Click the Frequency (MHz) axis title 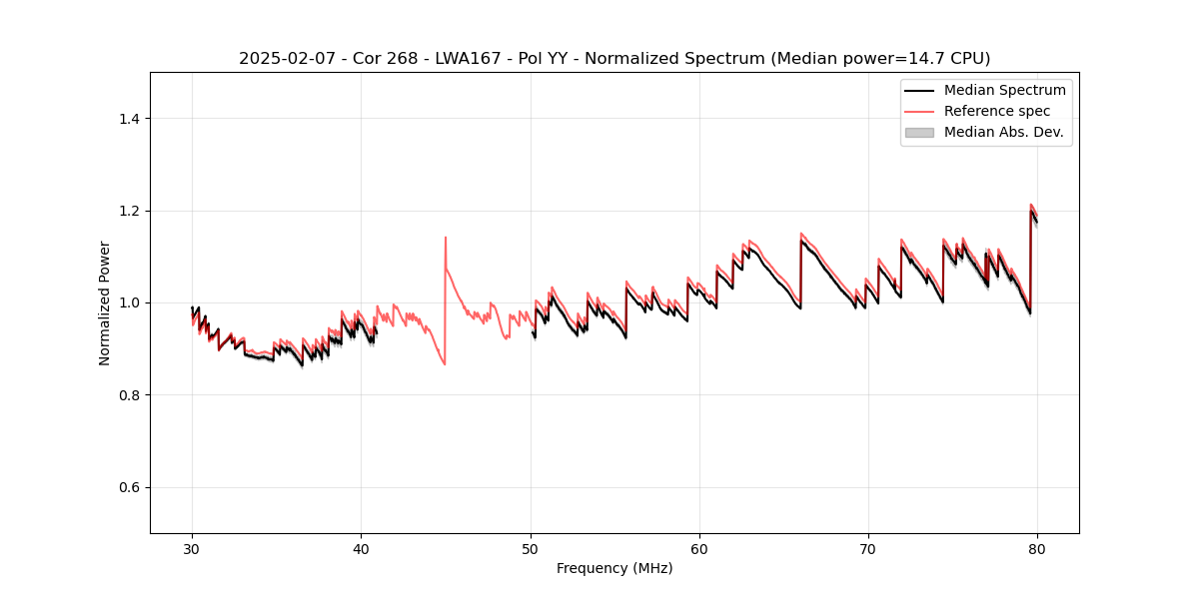[x=614, y=568]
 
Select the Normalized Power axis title [x=104, y=302]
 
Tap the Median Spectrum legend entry [x=1004, y=90]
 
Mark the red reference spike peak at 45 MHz [x=446, y=238]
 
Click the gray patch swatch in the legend [x=919, y=132]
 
